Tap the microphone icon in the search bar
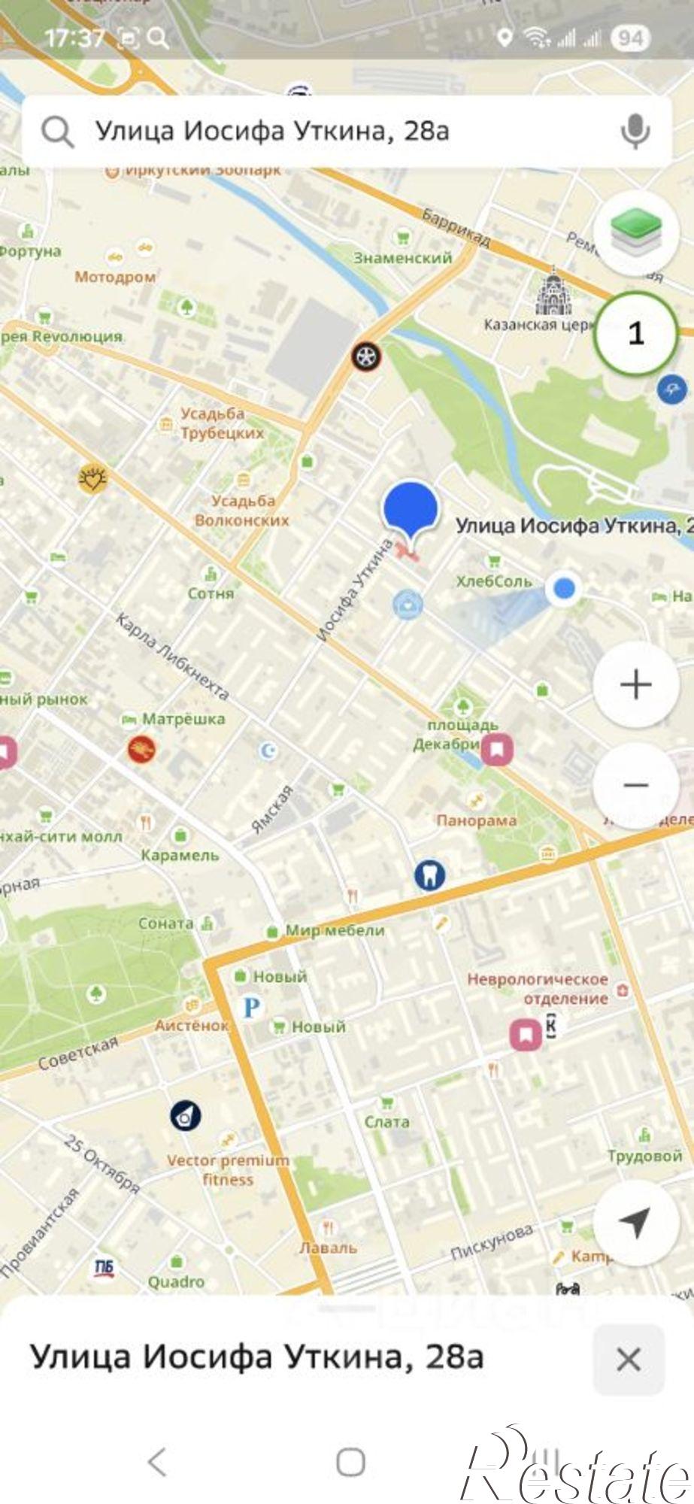point(635,132)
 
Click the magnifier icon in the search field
point(57,132)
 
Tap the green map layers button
point(635,232)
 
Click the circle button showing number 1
point(635,333)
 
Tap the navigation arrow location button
point(635,1224)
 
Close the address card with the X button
point(628,1360)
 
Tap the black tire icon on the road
point(366,356)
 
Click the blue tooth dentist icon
point(429,875)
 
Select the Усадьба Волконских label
point(242,510)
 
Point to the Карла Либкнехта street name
point(172,656)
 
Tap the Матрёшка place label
point(183,719)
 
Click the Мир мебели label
point(335,930)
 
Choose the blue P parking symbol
point(251,1007)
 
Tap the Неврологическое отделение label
point(538,989)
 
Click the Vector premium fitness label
point(228,1169)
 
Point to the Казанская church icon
point(553,294)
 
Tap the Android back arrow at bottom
point(157,1463)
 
